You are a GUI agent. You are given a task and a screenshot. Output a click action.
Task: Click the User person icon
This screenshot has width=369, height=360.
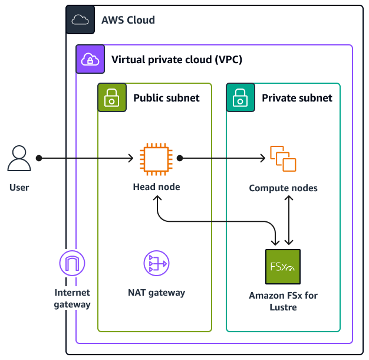(x=19, y=159)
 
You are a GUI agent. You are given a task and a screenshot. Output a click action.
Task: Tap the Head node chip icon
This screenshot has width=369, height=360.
(x=156, y=159)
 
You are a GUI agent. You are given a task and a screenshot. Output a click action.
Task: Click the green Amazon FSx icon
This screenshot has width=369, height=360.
(x=283, y=267)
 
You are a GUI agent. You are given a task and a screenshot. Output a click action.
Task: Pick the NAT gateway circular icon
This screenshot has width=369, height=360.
(x=156, y=263)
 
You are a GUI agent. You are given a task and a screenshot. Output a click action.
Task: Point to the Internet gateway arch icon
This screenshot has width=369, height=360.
(x=72, y=263)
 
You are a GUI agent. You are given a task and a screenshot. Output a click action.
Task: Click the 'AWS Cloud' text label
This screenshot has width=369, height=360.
(x=128, y=20)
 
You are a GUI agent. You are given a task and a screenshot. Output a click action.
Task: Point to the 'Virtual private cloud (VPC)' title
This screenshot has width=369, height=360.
(x=177, y=60)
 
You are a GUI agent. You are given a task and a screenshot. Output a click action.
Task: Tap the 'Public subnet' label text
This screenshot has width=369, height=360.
(x=166, y=98)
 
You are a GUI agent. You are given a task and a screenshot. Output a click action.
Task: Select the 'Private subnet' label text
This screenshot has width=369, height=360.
(x=296, y=98)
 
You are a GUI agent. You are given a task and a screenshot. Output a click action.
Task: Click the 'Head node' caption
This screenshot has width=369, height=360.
(x=156, y=187)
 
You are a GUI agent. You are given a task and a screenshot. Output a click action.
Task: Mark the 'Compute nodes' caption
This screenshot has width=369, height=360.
(x=283, y=188)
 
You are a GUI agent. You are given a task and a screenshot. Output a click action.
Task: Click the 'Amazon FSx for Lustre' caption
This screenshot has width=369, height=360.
(x=283, y=301)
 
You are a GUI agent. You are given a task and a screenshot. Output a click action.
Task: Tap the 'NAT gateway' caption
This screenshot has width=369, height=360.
(x=156, y=292)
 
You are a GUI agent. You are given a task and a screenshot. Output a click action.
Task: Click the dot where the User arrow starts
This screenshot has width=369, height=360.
(x=39, y=158)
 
